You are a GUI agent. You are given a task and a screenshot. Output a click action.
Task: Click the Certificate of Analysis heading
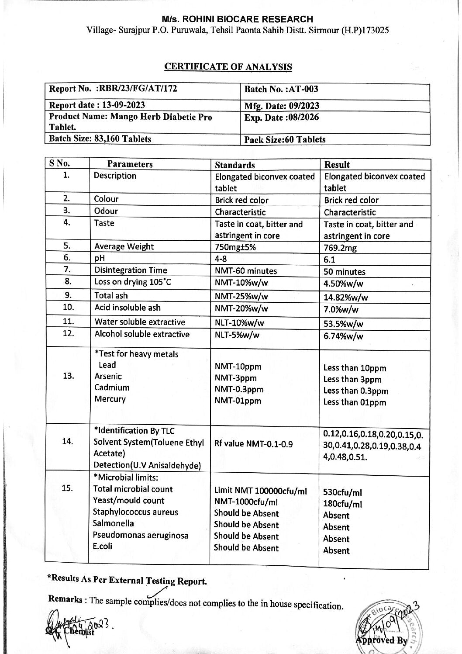tap(228, 67)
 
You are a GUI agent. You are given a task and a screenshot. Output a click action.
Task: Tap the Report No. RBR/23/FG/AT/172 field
tap(114, 89)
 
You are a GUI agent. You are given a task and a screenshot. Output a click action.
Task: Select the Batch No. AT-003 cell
tap(281, 89)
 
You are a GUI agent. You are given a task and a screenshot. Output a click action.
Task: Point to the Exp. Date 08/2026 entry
tap(281, 118)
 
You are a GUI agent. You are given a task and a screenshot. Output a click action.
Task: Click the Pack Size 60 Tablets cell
tap(285, 139)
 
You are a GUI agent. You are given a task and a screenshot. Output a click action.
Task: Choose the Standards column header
tap(235, 165)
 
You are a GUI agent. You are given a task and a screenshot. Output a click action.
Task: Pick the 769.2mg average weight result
tap(340, 248)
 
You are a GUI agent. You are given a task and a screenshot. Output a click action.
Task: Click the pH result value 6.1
tap(330, 260)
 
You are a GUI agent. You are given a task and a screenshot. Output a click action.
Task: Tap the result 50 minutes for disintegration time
tap(345, 271)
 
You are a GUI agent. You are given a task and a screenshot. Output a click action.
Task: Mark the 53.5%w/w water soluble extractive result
tap(343, 324)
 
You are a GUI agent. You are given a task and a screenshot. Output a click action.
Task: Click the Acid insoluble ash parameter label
tap(128, 308)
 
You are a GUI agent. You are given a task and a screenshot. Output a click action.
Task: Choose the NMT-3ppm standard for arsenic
tap(236, 378)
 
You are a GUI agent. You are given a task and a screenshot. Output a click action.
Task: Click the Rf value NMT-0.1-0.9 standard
tap(253, 444)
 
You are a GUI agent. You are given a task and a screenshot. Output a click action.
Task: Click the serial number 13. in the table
tap(69, 376)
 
